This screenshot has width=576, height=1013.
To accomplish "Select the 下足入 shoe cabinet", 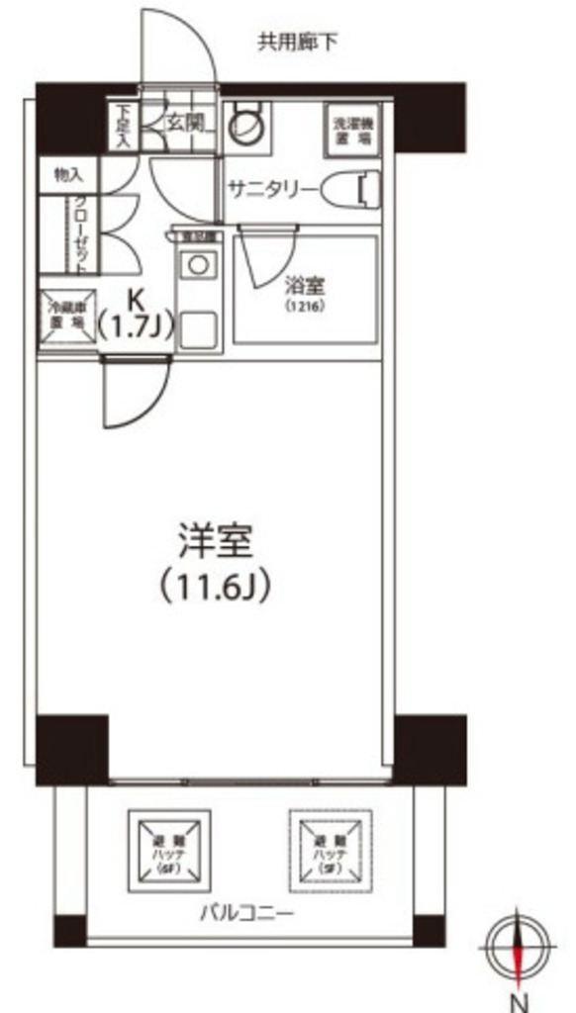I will tap(123, 126).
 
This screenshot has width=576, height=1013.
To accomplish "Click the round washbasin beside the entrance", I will tap(244, 126).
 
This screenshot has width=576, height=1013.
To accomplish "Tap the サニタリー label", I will tap(272, 189).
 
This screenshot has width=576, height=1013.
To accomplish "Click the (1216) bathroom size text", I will tap(304, 307).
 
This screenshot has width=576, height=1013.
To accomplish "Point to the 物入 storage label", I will tap(68, 175).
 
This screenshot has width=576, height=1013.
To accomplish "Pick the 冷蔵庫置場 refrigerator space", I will tap(67, 318).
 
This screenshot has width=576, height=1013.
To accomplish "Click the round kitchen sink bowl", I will tap(201, 264).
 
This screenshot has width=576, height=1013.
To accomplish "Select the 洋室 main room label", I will tap(216, 541).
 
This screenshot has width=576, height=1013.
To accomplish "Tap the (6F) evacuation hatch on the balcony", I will tap(168, 849).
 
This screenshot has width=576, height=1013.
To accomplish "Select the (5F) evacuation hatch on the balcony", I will tap(330, 848).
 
